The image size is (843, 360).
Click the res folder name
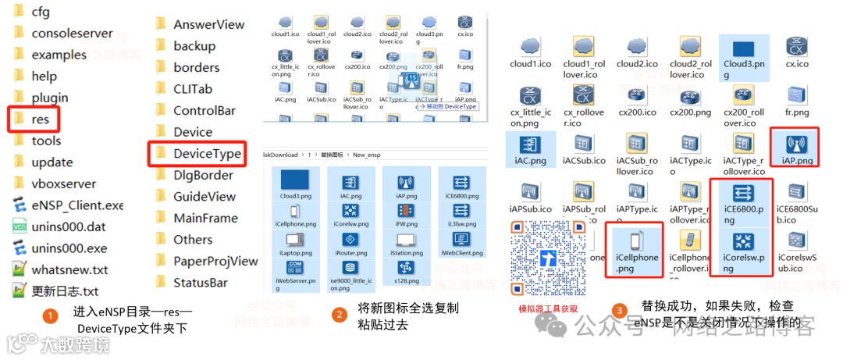pyautogui.click(x=41, y=119)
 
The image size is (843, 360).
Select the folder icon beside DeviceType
pyautogui.click(x=162, y=153)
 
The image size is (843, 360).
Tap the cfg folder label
pyautogui.click(x=41, y=12)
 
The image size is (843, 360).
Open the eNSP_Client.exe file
pyautogui.click(x=77, y=205)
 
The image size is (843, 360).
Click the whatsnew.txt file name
pyautogui.click(x=69, y=269)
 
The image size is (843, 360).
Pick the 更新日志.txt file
pyautogui.click(x=65, y=291)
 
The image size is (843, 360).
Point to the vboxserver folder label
pyautogui.click(x=64, y=184)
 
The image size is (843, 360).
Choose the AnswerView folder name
pyautogui.click(x=209, y=24)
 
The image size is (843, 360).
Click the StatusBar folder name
pyautogui.click(x=201, y=282)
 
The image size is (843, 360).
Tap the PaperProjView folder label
pyautogui.click(x=215, y=261)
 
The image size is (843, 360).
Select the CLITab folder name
pyautogui.click(x=193, y=89)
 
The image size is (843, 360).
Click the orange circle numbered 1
pyautogui.click(x=51, y=316)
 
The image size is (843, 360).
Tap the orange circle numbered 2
pyautogui.click(x=339, y=315)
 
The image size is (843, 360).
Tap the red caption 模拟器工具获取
pyautogui.click(x=549, y=308)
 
